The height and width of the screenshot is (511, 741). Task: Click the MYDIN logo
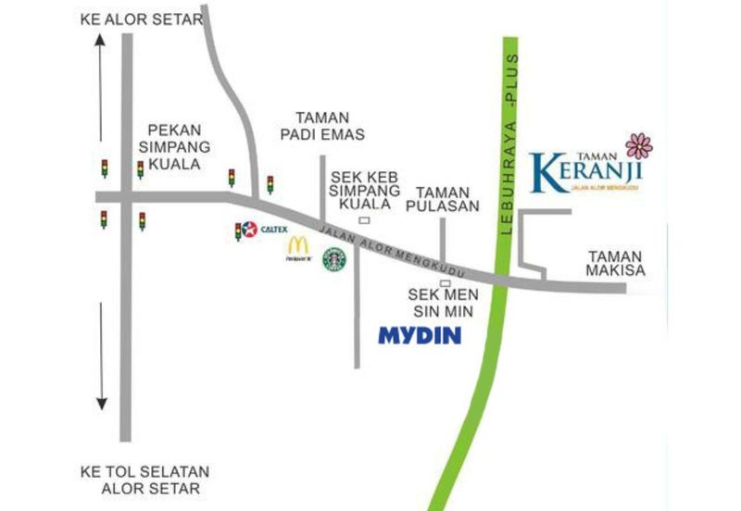(x=420, y=335)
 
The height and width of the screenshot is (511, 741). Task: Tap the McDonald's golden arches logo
(x=297, y=246)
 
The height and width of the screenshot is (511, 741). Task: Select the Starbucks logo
(x=333, y=258)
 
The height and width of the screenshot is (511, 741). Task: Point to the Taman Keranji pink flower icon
(x=639, y=145)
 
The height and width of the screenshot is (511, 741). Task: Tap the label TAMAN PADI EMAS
(x=322, y=126)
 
